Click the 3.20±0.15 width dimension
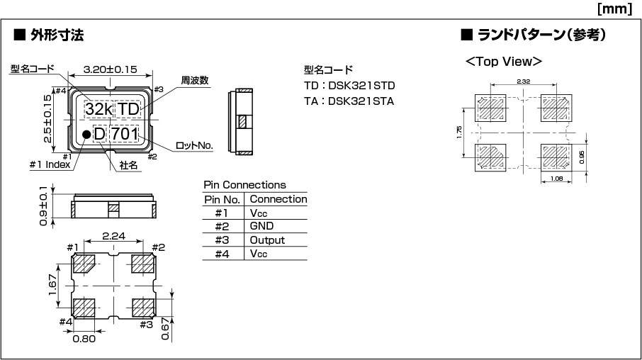[110, 69]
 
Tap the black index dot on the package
[86, 134]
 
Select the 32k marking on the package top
[98, 109]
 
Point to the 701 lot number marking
[125, 134]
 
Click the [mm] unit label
[614, 9]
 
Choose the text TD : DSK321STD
[349, 86]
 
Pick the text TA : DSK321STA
[349, 101]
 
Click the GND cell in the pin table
[261, 226]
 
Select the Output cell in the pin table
[267, 240]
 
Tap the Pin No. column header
[222, 199]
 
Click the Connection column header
[278, 199]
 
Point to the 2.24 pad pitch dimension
[113, 236]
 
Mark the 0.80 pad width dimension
[84, 339]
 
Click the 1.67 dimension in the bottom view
[52, 285]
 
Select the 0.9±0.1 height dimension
[43, 206]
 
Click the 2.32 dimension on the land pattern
[523, 81]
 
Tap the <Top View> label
[504, 62]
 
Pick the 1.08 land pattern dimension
[556, 179]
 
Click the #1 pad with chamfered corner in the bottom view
[84, 264]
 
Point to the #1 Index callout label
[50, 164]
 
